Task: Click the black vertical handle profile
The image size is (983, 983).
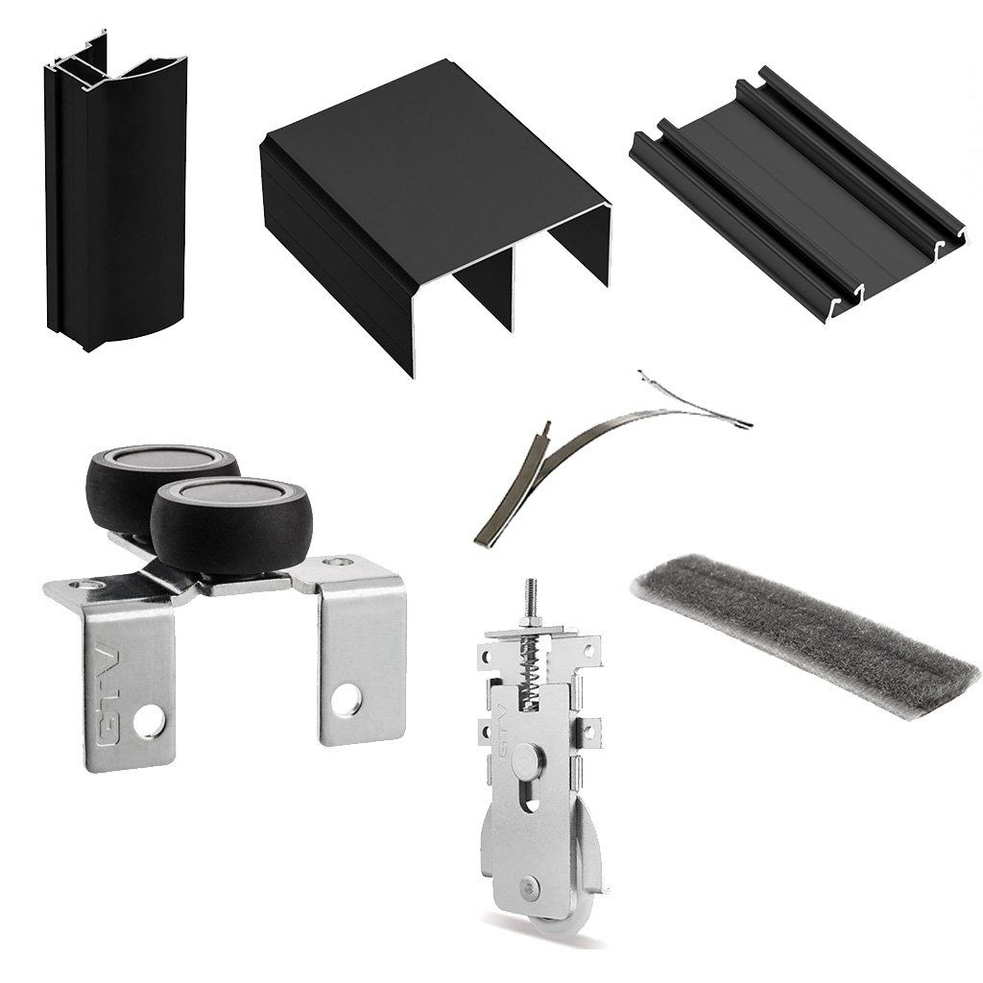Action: [116, 194]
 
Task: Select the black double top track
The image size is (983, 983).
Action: [433, 207]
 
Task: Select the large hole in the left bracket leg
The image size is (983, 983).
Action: [147, 722]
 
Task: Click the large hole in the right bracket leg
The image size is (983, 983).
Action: [346, 699]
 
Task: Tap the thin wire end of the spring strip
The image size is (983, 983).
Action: [696, 401]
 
